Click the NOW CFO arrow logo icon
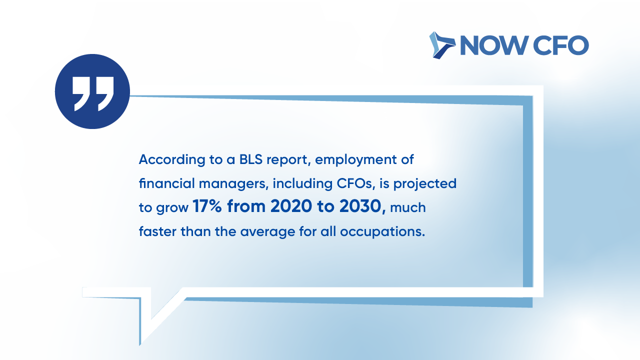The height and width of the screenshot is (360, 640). [442, 45]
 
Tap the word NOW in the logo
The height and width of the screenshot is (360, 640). [494, 45]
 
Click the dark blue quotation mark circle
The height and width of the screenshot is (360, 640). [92, 91]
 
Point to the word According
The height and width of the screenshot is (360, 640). [172, 159]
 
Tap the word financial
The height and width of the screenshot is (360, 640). [166, 183]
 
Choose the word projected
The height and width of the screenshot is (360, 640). [425, 184]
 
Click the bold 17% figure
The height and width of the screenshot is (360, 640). [207, 206]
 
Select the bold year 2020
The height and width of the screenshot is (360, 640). [291, 206]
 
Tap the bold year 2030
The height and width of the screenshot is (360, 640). [361, 206]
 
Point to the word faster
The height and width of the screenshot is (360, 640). [157, 231]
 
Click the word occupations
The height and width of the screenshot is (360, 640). [382, 232]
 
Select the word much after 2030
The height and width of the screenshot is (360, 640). [407, 207]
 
